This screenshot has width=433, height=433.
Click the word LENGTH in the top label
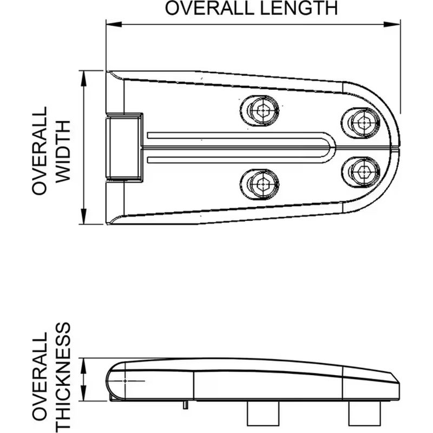click(x=299, y=8)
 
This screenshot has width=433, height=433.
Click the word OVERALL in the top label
click(x=209, y=8)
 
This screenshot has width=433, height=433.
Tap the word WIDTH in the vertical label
click(x=63, y=152)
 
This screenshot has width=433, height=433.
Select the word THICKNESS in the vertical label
click(x=63, y=377)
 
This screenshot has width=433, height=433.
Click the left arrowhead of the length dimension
click(x=114, y=24)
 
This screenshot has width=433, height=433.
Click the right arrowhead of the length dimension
click(x=392, y=24)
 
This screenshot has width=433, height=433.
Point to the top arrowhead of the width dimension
click(x=83, y=78)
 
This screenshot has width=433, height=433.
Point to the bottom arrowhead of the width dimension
click(x=83, y=216)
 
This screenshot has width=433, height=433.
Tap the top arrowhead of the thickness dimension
click(x=83, y=366)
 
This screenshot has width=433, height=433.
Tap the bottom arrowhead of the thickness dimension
click(x=83, y=393)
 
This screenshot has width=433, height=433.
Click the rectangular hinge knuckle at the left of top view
click(x=124, y=147)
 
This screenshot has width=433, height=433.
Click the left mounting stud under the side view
click(x=263, y=414)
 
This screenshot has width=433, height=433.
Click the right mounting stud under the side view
click(x=364, y=414)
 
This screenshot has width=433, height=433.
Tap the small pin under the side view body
click(x=186, y=405)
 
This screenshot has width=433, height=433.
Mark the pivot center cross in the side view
click(x=125, y=381)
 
